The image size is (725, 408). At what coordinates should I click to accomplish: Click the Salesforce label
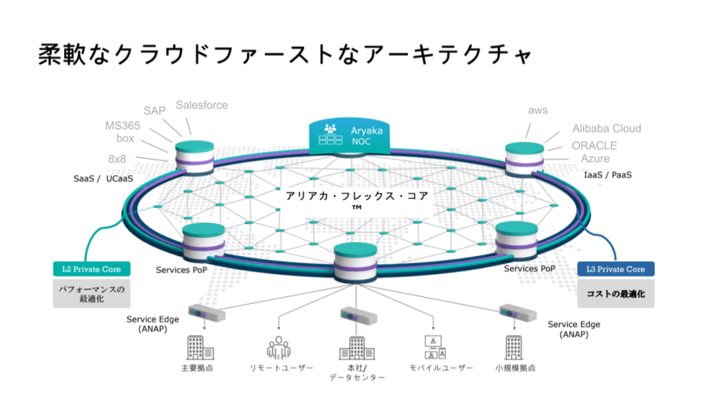coord(201,105)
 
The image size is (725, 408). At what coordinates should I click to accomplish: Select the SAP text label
coord(154,111)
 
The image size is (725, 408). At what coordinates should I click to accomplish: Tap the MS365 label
coord(122,126)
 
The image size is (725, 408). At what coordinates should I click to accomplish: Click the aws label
coord(538,110)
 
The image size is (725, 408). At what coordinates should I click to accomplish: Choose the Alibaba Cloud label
coord(606,129)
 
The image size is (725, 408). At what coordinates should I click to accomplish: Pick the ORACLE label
coord(594,145)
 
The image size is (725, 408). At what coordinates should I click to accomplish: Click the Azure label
coord(595,159)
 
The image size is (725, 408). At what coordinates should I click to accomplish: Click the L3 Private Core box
coord(615,269)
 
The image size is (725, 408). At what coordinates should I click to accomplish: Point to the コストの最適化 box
coord(615,294)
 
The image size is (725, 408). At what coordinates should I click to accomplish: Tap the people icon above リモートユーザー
coord(278,348)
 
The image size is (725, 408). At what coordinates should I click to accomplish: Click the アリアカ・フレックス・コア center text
coord(356,197)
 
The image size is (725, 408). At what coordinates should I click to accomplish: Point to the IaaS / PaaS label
coord(608,175)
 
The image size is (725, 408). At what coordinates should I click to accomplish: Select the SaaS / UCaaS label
coord(103,179)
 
